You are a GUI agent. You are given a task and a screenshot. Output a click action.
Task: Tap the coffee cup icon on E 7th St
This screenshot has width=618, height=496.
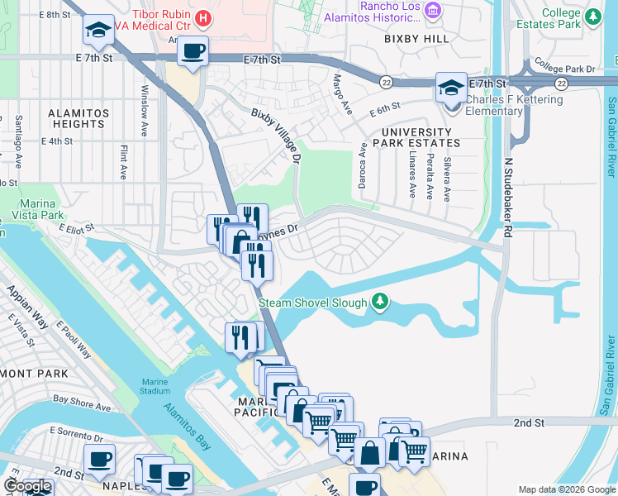(193, 52)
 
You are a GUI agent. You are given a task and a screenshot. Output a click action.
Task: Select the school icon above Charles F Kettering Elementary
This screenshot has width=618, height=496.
(452, 88)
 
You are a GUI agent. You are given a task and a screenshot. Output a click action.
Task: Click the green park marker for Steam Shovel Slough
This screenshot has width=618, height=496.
(379, 303)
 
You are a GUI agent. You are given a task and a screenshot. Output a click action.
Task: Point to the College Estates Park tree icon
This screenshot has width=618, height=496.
(592, 17)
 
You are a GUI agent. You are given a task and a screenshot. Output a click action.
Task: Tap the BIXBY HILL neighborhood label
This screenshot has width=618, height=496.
(417, 39)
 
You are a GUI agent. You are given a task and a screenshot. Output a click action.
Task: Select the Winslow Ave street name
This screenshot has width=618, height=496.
(145, 100)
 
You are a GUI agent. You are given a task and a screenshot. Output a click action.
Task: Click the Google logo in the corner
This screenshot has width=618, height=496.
(28, 486)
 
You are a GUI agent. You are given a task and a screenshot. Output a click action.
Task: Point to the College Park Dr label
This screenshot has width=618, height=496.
(564, 65)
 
